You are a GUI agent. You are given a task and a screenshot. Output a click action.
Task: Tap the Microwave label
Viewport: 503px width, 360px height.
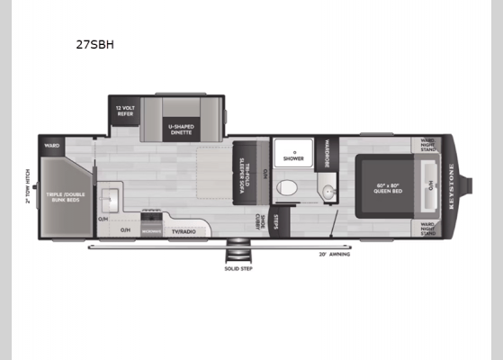(151, 232)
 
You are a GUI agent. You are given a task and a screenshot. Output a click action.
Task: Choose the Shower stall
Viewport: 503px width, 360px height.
(292, 155)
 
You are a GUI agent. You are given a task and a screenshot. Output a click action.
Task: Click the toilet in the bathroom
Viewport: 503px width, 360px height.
(287, 187)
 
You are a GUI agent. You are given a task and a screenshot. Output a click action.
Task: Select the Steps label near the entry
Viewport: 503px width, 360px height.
(277, 220)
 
